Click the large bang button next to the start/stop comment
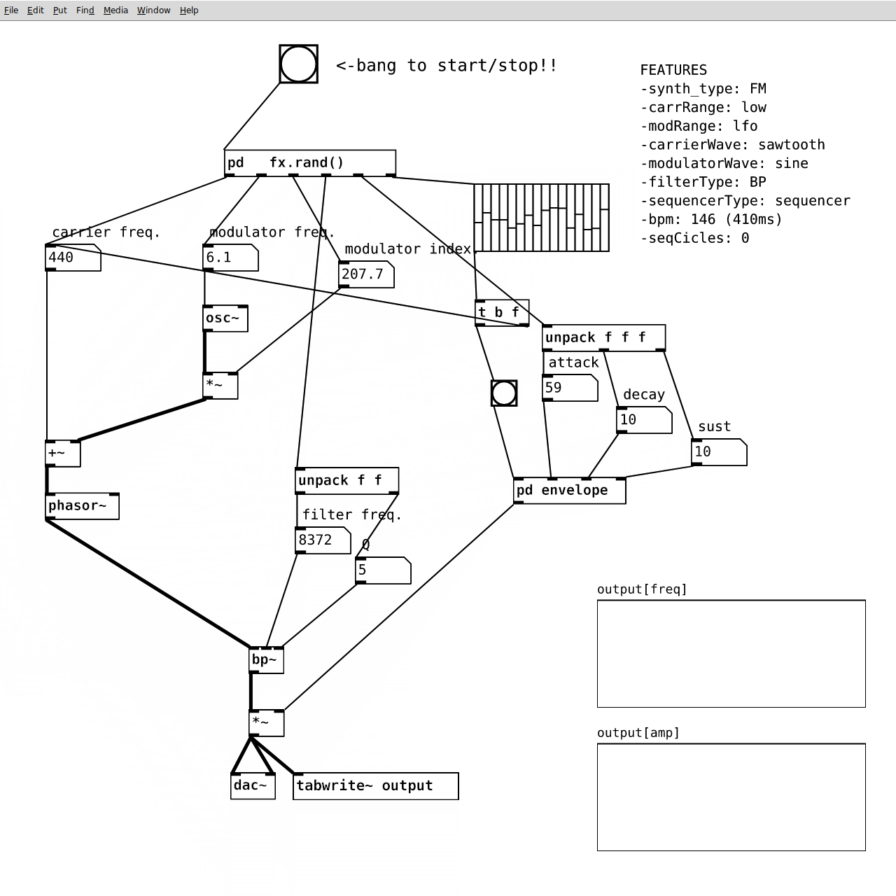298,64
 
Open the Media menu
115,10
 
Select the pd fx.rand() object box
310,163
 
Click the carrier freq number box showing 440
73,258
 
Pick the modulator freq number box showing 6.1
230,258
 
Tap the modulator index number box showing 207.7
366,274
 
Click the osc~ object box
225,318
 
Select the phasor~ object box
83,506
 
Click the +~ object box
63,454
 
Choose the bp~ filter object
267,660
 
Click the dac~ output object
253,786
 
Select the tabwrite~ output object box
376,786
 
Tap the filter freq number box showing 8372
323,540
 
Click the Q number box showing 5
383,570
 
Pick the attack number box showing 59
570,388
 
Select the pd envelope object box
570,491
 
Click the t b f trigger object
502,313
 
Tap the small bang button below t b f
504,393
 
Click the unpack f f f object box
604,338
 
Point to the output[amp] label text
638,734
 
